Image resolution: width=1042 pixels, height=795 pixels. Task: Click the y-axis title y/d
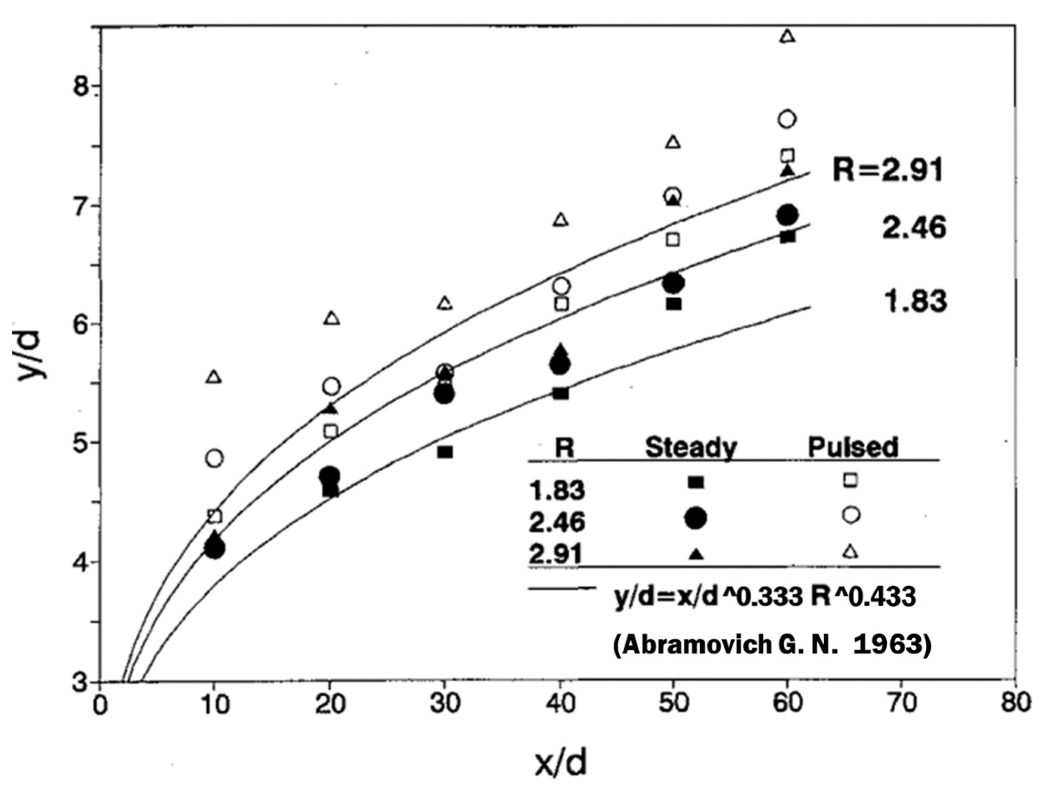[x=32, y=354]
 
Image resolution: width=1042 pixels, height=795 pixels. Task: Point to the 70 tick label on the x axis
[x=900, y=703]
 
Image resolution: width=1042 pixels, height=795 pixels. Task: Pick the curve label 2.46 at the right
[x=914, y=228]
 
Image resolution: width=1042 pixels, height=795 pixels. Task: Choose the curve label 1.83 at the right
[x=915, y=301]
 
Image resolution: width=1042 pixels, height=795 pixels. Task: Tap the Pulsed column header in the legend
[x=852, y=447]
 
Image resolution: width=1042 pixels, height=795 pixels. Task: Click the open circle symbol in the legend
[x=851, y=515]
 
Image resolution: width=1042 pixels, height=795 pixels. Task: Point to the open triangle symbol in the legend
[x=851, y=551]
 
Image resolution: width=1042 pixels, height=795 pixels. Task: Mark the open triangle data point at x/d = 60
[x=787, y=36]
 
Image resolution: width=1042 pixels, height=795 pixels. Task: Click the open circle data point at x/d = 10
[x=215, y=458]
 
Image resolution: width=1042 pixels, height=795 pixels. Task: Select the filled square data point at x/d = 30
[x=445, y=452]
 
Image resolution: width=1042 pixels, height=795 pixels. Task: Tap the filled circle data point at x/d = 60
[x=787, y=215]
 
